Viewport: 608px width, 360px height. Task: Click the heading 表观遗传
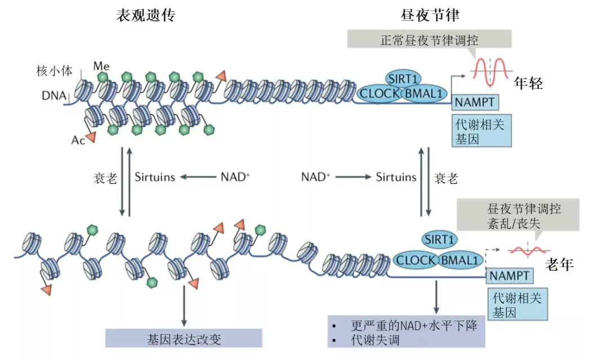point(145,15)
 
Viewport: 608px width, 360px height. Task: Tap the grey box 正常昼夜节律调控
point(429,40)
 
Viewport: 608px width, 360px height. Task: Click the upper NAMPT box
point(474,102)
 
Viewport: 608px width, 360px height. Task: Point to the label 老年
point(560,264)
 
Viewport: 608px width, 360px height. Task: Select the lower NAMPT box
point(509,276)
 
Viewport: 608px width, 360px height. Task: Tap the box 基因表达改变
point(184,338)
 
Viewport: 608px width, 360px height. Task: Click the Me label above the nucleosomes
point(101,66)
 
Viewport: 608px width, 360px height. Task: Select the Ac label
point(78,139)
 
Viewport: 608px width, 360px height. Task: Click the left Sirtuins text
point(155,177)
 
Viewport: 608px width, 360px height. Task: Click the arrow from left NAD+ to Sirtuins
point(198,177)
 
